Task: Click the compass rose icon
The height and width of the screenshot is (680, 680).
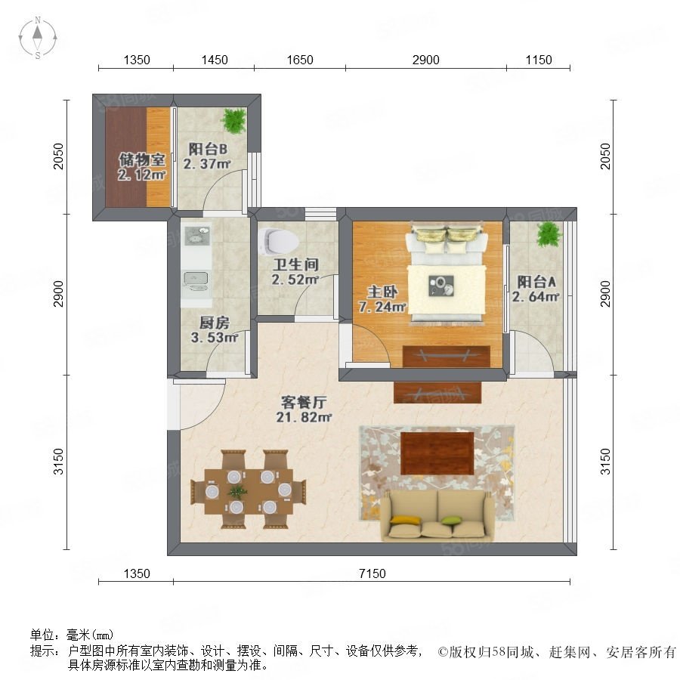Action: coord(38,38)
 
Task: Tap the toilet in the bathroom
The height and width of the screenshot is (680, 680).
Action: coord(277,241)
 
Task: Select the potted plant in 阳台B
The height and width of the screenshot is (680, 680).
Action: coord(234,120)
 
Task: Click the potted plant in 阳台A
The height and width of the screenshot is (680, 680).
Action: coord(549,235)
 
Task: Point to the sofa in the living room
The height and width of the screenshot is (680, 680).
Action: coord(438,515)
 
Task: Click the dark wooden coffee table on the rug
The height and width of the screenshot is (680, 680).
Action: coord(437,453)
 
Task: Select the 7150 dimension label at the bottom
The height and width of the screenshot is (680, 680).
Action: coord(372,573)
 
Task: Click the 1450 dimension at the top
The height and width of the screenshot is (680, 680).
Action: coord(215,60)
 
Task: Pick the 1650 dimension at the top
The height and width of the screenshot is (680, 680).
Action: coord(300,60)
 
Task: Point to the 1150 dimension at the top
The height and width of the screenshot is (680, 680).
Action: coord(539,60)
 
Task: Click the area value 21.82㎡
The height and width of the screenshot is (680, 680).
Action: coord(304,417)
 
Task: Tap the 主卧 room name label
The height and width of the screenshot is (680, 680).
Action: coord(382,292)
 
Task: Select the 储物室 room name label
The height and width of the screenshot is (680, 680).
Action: coord(142,159)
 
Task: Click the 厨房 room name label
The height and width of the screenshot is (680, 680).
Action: coord(215,323)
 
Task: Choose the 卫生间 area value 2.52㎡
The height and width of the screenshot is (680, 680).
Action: coord(295,280)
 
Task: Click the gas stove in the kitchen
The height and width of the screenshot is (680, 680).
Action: coord(196,235)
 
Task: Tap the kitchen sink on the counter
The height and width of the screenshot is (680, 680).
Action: coord(196,281)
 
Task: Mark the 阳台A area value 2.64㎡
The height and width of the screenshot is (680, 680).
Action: coord(536,297)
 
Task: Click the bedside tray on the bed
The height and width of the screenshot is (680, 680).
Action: coord(441,286)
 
